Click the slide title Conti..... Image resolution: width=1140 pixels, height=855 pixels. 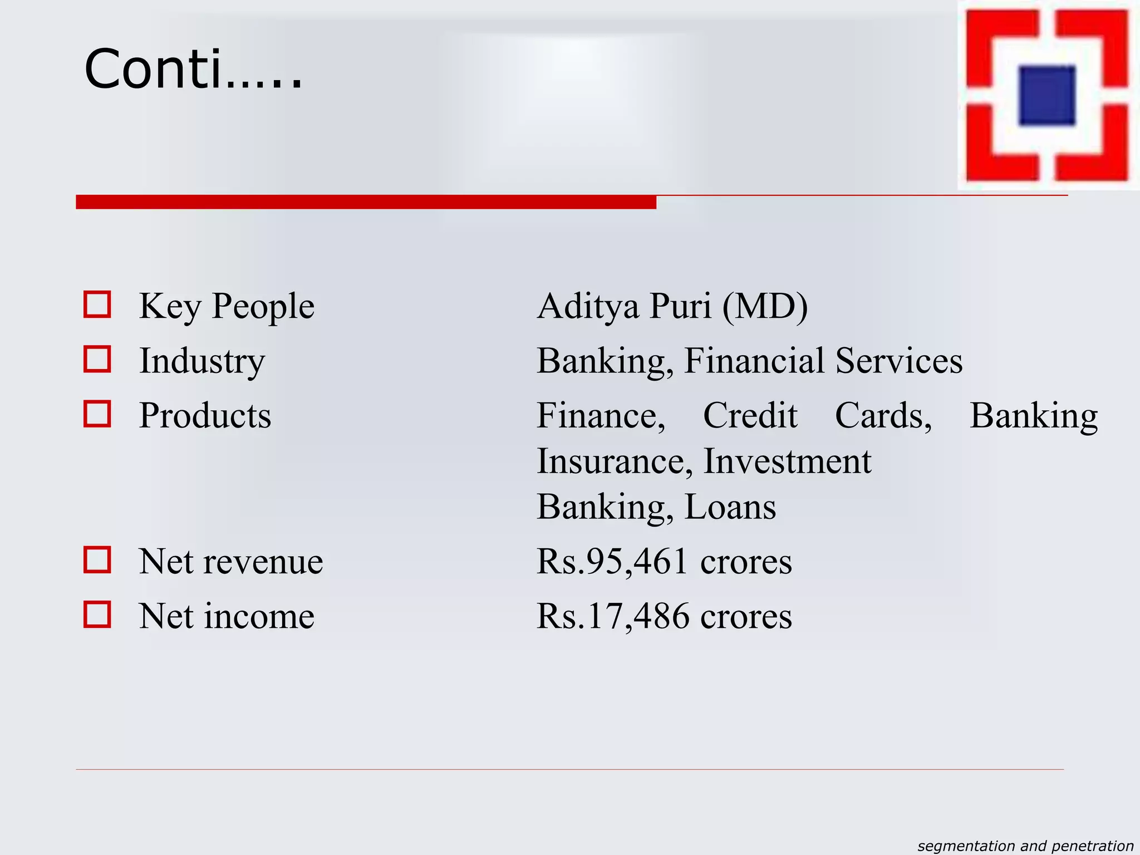pos(193,69)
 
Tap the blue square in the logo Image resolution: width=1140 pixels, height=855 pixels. pos(1046,95)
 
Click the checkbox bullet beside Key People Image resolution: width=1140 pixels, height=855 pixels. pos(97,304)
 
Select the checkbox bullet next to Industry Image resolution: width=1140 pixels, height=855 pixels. pos(97,359)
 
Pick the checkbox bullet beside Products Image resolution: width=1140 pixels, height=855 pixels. pos(97,414)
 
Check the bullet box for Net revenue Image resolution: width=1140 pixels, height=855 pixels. pos(97,559)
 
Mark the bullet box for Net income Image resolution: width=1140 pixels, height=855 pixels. pos(97,614)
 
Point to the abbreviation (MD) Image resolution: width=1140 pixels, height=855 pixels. pos(765,307)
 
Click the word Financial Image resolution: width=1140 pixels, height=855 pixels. pos(754,361)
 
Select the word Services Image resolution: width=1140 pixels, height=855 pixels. pos(898,361)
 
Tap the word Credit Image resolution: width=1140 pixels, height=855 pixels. pos(750,415)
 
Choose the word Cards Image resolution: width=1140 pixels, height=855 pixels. pos(883,415)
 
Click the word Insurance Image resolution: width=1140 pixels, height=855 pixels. pos(615,461)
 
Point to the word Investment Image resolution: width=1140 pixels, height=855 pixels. pos(787,461)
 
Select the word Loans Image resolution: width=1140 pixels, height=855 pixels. pos(730,507)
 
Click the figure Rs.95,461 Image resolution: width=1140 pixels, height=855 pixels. pos(612,561)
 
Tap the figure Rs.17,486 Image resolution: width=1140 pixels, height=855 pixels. pos(612,616)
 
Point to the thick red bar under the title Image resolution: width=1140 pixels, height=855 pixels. pos(366,202)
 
